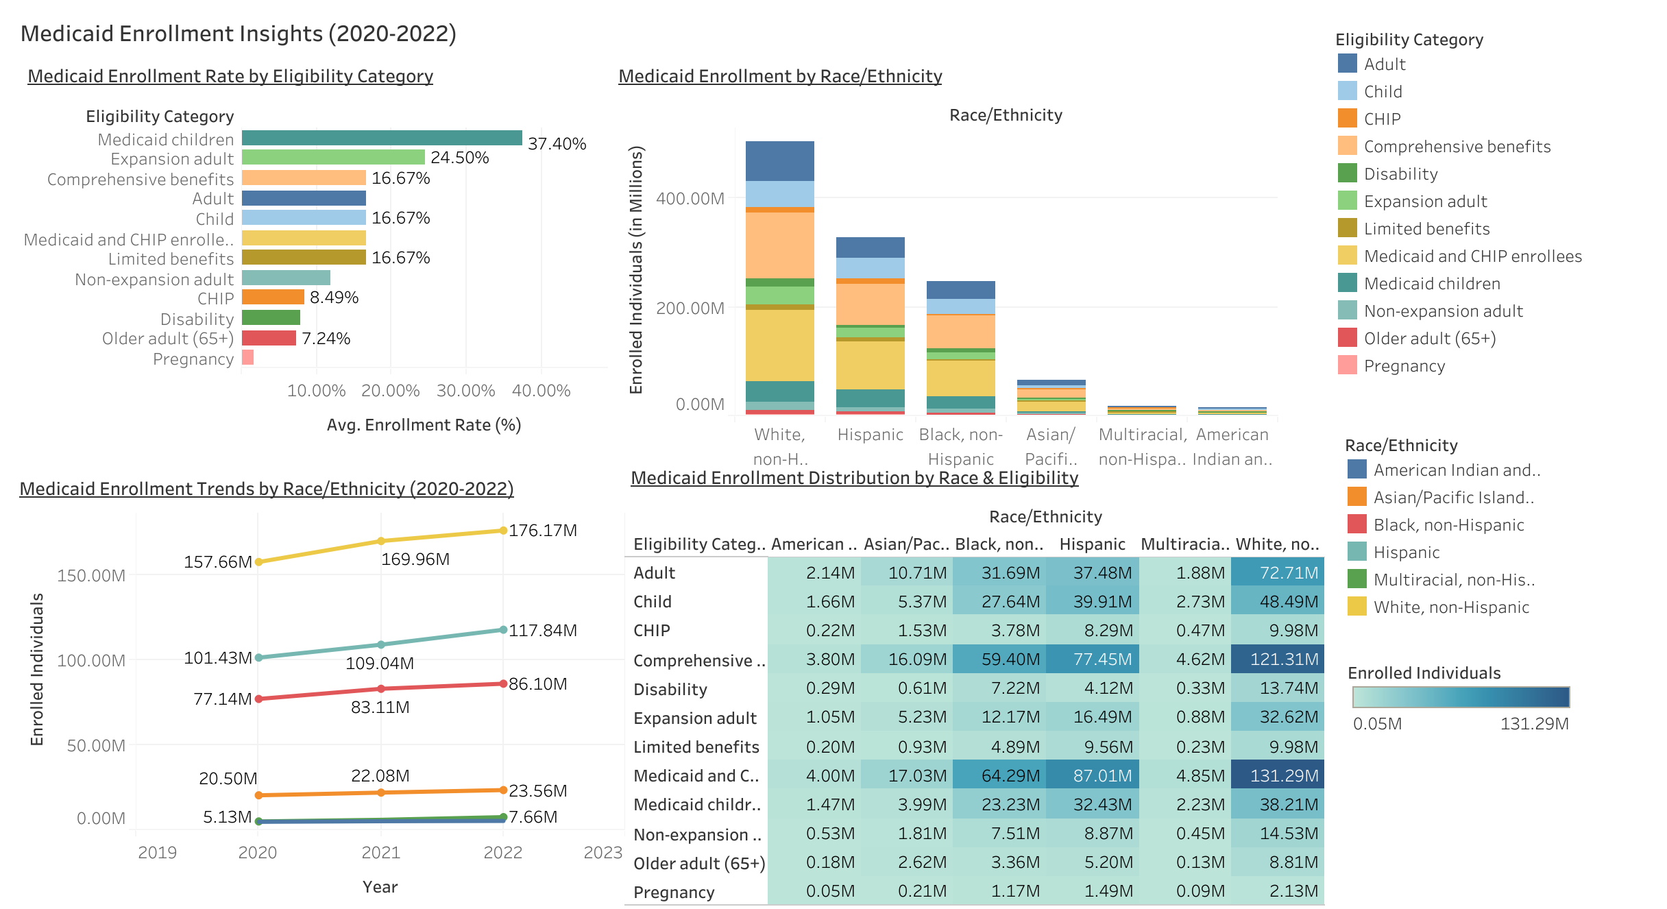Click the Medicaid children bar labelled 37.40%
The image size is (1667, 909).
(x=382, y=138)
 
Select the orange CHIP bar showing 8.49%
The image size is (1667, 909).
(x=273, y=297)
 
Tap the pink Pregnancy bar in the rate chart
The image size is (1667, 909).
(x=247, y=357)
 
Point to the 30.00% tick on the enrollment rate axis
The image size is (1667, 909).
(x=465, y=391)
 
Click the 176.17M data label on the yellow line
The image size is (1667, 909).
(x=542, y=531)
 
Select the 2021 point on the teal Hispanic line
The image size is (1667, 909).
(x=381, y=644)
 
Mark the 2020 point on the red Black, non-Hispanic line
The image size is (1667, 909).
(x=258, y=699)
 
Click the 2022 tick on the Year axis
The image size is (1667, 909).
(x=502, y=852)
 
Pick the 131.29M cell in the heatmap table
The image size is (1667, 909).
(x=1278, y=775)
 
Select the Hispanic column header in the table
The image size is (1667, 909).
(x=1092, y=544)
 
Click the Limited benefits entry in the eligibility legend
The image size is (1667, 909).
(x=1426, y=228)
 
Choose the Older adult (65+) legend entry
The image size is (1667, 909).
(x=1429, y=338)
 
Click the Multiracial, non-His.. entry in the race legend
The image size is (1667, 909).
(x=1453, y=579)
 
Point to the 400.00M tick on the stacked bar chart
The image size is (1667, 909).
(x=690, y=199)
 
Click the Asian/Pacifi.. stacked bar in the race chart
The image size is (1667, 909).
(x=1051, y=398)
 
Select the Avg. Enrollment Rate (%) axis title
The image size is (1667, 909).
(x=424, y=425)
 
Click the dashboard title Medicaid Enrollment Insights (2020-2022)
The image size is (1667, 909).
(x=238, y=33)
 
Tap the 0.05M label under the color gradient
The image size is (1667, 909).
(x=1376, y=724)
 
